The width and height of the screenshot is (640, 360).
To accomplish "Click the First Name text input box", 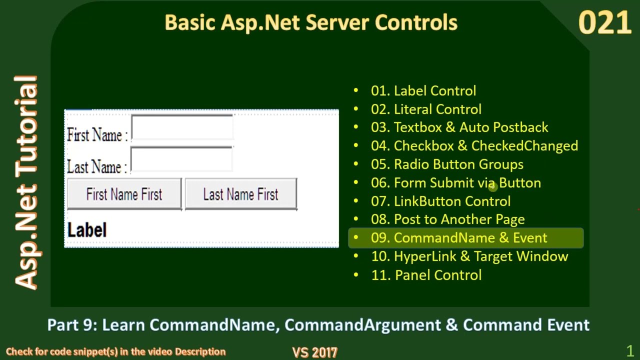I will click(182, 127).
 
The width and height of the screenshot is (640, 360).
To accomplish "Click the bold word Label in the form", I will click(87, 230).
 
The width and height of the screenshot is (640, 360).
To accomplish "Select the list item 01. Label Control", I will click(423, 91).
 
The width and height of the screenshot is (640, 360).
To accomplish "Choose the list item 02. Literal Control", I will click(426, 109).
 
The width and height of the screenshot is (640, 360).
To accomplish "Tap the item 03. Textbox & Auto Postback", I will click(459, 127).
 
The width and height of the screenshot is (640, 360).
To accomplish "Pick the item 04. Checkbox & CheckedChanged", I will click(474, 146).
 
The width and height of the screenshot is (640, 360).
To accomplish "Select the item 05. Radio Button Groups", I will click(447, 164).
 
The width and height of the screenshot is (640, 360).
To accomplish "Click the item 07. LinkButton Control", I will click(440, 201).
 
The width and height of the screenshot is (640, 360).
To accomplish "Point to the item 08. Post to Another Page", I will click(447, 219).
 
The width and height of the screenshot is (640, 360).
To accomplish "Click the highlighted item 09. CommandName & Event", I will click(459, 238).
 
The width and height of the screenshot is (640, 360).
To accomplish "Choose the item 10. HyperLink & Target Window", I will click(469, 256).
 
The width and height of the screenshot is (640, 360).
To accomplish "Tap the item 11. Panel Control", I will click(426, 275).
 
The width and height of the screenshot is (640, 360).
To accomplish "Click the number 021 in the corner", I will click(604, 23).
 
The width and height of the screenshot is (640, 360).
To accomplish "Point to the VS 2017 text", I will click(315, 352).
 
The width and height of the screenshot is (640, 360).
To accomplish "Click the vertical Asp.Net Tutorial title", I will click(26, 182).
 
